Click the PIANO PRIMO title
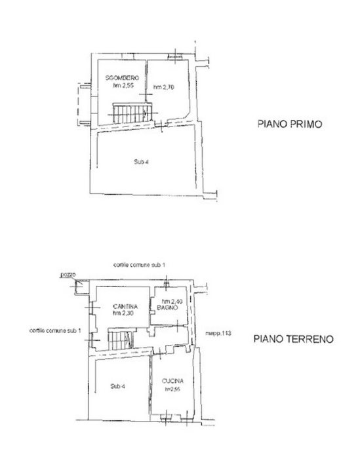(x=289, y=124)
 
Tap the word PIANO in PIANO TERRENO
(x=269, y=340)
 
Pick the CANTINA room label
(x=124, y=306)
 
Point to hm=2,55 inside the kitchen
(x=172, y=389)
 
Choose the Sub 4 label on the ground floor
(x=119, y=386)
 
